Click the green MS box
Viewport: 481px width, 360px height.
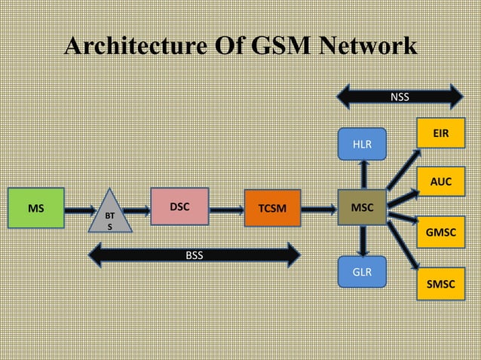tap(35, 206)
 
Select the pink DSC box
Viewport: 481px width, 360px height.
tap(179, 206)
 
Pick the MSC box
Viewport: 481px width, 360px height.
tap(363, 206)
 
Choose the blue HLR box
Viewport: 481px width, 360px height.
tap(363, 143)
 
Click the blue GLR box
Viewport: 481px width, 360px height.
tap(363, 271)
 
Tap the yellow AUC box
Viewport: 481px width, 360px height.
tap(441, 182)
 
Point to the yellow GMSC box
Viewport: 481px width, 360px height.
tap(441, 233)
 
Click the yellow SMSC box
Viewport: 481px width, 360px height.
tap(441, 284)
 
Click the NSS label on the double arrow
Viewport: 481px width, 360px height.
tap(400, 96)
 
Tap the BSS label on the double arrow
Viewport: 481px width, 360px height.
tap(195, 255)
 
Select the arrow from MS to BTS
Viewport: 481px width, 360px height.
tap(78, 207)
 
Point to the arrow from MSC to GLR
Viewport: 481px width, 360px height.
tap(363, 241)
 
